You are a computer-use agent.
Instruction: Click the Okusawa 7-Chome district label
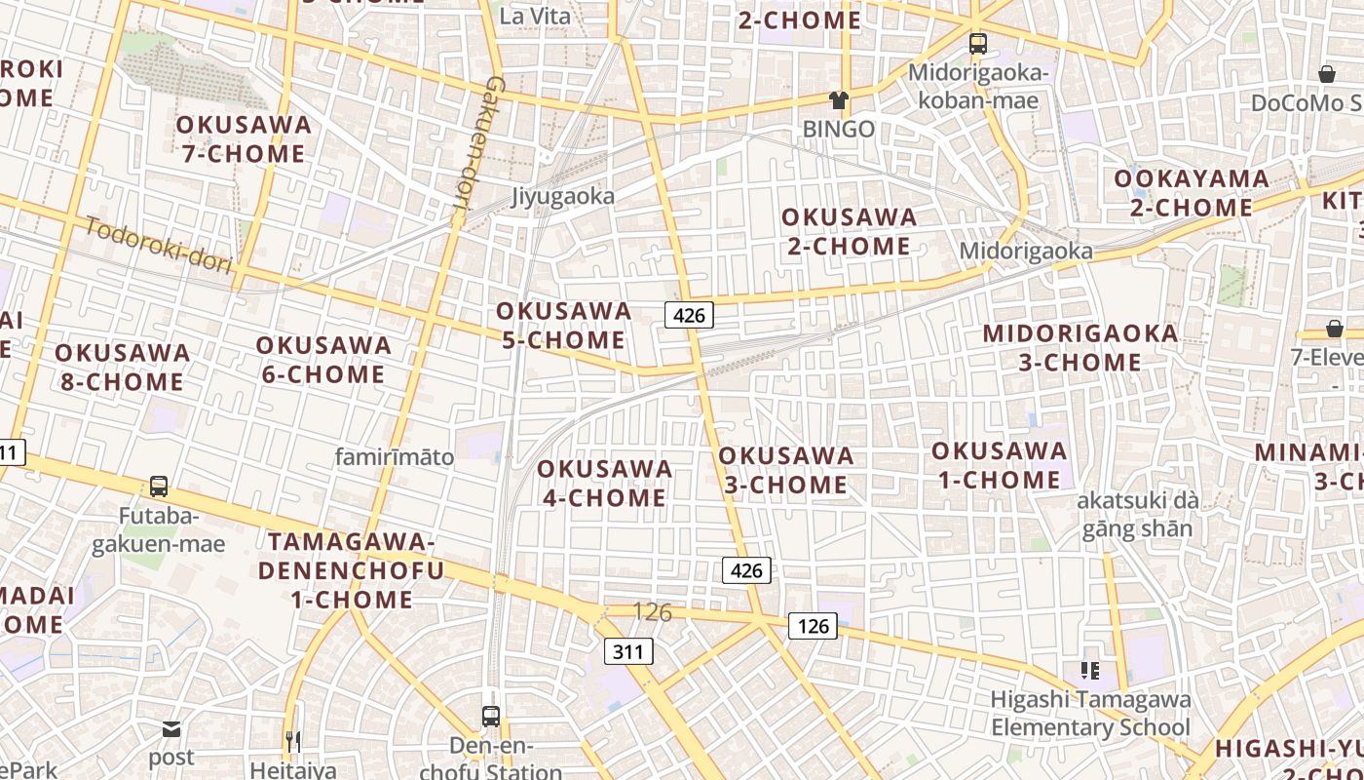tap(244, 139)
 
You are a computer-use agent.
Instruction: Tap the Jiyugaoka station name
tap(563, 197)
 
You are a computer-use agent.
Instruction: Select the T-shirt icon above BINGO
tap(838, 99)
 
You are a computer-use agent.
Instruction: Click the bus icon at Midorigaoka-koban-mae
tap(977, 44)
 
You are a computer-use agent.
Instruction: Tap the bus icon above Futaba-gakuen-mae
tap(158, 486)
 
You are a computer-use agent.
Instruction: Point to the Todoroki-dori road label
tap(159, 245)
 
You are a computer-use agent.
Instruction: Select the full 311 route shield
tap(627, 650)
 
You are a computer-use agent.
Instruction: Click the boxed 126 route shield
tap(813, 626)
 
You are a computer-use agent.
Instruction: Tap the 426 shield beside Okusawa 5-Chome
tap(689, 315)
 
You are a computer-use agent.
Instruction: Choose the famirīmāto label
tap(395, 456)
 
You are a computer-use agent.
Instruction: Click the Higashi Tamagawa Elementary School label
tap(1090, 714)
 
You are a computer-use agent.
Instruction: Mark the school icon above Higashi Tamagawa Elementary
tap(1089, 670)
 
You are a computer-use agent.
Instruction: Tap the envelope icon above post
tap(171, 728)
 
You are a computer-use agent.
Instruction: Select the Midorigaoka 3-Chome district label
tap(1080, 348)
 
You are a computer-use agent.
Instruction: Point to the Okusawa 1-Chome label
tap(999, 465)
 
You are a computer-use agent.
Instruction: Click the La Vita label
tap(535, 16)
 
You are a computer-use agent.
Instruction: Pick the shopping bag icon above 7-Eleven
tap(1334, 329)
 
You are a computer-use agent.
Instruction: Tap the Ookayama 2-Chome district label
tap(1191, 193)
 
